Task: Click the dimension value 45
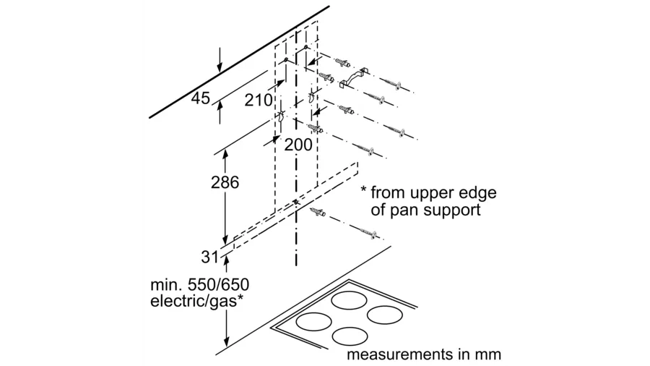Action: (x=200, y=98)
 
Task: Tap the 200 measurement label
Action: (x=298, y=145)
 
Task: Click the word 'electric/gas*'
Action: (x=193, y=301)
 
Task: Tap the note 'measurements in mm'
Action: (x=423, y=355)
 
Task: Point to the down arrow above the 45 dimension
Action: (x=220, y=65)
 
